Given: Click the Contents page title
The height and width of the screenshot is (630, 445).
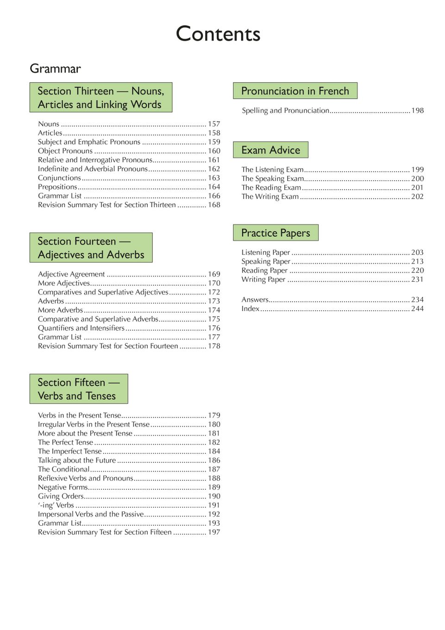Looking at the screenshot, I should (218, 34).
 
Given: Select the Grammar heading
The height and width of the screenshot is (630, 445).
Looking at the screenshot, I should (55, 69).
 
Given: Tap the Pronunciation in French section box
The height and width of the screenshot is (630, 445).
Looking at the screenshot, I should (295, 91).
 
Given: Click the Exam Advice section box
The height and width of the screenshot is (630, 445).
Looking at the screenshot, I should (270, 150).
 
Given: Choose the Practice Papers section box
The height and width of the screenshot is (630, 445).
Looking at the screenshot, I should (276, 233).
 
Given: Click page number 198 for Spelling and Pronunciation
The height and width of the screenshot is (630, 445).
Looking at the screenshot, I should (417, 110).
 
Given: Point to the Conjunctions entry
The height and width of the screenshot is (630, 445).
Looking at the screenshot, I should (59, 178).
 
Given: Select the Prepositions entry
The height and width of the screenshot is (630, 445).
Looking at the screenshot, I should (57, 187).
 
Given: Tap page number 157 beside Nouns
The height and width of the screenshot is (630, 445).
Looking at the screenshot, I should (213, 124).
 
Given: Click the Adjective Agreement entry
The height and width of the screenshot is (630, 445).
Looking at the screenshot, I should (71, 274).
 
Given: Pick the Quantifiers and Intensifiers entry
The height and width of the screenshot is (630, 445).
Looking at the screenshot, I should (81, 328).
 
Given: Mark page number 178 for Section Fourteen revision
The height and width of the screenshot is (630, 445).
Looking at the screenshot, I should (213, 346).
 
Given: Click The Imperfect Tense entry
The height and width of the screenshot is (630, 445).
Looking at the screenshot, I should (69, 451).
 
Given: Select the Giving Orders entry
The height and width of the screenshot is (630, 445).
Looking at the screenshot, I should (61, 496).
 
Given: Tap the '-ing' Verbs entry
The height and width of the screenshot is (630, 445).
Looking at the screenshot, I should (56, 505).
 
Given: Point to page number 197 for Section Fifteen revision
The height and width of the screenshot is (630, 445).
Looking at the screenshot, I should (213, 532).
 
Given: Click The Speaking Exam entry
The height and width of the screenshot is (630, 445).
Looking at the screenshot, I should (272, 178).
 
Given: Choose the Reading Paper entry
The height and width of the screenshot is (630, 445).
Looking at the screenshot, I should (264, 271).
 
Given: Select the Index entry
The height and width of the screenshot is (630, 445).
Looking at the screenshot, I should (250, 309).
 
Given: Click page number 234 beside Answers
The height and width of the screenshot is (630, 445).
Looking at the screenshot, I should (417, 300).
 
